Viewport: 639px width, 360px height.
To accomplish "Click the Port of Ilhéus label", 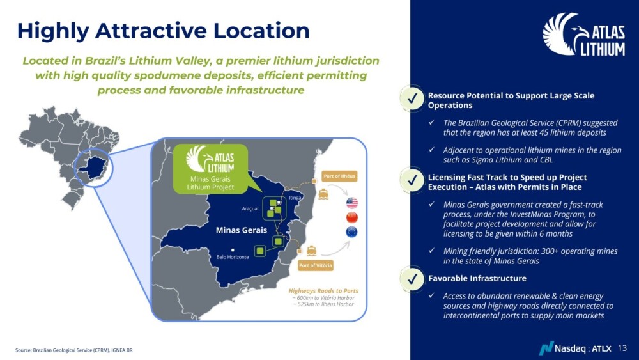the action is (x=339, y=176).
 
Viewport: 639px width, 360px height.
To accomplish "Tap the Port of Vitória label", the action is (x=316, y=265).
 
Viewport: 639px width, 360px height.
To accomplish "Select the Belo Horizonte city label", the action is (x=233, y=257).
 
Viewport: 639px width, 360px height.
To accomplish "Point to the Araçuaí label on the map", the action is (x=250, y=208).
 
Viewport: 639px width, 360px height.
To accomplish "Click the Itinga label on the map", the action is (x=295, y=198).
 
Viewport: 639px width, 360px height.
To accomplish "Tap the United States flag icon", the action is (x=351, y=202).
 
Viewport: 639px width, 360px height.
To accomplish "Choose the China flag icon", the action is (x=351, y=217).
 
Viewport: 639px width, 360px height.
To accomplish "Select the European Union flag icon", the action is (x=351, y=231).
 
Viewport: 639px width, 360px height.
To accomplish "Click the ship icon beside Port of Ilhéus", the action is (x=323, y=194).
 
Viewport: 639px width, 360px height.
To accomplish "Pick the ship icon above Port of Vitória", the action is (x=311, y=250).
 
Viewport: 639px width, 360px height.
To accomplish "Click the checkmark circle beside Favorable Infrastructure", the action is (x=412, y=279).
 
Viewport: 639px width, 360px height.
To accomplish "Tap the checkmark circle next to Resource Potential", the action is (x=412, y=98).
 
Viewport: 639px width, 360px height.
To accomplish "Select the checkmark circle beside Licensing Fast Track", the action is (x=412, y=180).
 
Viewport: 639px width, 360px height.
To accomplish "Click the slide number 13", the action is (x=622, y=348).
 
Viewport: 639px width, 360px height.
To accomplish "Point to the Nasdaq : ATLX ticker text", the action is (x=583, y=348).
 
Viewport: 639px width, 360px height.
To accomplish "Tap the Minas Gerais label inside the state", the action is (x=242, y=230).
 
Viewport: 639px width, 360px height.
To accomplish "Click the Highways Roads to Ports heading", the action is (x=323, y=291).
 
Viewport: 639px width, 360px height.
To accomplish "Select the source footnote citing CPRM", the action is (x=73, y=350).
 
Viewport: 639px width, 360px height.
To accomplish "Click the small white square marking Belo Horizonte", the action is (x=233, y=250).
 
